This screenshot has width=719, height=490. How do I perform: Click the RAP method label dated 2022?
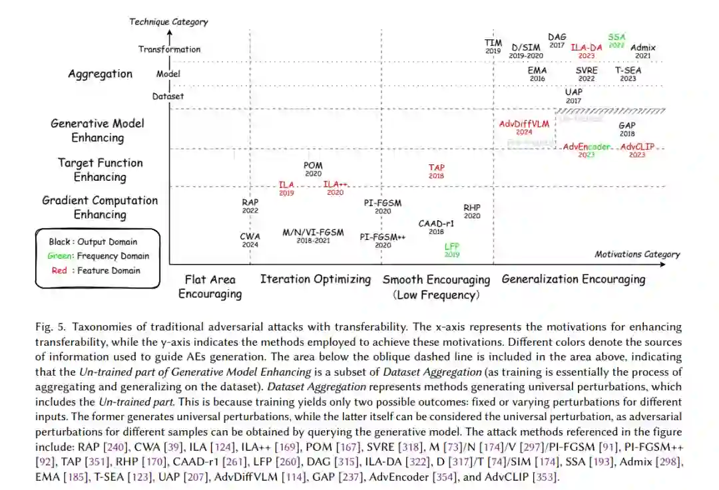(x=250, y=202)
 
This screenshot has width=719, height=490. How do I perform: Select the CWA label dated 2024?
(x=250, y=236)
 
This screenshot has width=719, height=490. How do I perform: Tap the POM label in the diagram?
(x=313, y=166)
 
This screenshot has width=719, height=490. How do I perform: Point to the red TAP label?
(x=437, y=168)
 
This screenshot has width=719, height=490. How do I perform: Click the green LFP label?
(x=452, y=247)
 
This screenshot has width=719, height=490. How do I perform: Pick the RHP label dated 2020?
(x=472, y=208)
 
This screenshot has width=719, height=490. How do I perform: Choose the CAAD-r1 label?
(x=436, y=224)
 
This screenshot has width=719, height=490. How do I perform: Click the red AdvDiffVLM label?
(x=524, y=124)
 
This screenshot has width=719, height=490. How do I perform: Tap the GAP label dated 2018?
(x=627, y=126)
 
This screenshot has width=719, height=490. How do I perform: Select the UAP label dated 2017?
(x=573, y=92)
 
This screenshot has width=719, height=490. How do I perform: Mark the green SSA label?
(x=616, y=37)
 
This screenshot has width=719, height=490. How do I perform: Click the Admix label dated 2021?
(x=642, y=48)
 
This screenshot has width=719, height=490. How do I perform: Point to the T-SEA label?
(x=628, y=70)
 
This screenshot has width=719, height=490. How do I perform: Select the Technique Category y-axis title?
(x=168, y=22)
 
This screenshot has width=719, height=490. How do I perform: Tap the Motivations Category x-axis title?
(x=637, y=254)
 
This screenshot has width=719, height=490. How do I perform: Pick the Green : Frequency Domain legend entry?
(x=99, y=256)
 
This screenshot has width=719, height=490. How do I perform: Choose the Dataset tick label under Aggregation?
(x=168, y=96)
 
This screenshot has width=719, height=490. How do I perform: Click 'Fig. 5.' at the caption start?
(x=51, y=327)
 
